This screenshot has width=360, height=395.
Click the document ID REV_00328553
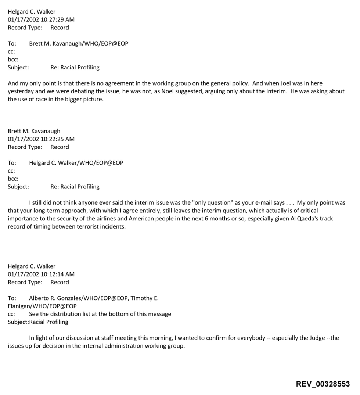click(x=323, y=384)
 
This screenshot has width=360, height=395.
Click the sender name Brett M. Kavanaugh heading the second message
click(x=34, y=131)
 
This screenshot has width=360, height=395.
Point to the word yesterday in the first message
click(x=20, y=91)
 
